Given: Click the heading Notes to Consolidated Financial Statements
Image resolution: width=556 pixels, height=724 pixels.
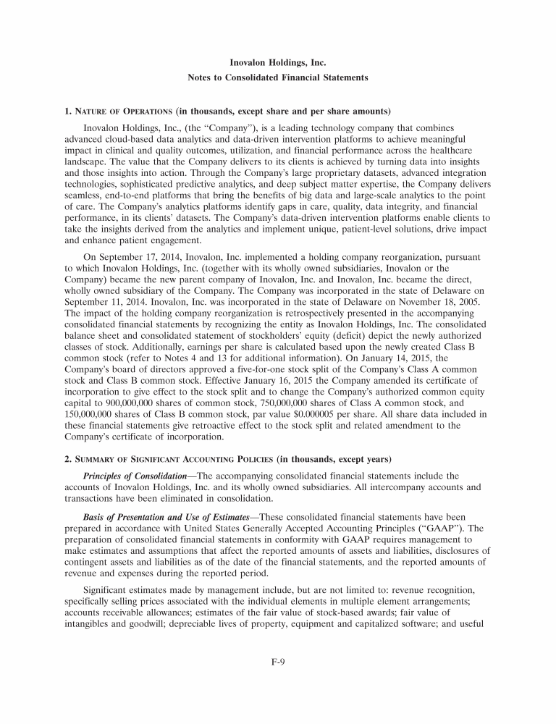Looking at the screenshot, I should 278,77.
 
